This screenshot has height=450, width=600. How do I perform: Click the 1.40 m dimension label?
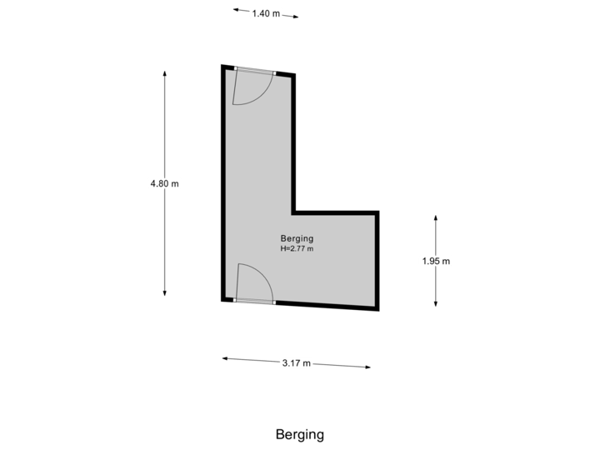(x=266, y=13)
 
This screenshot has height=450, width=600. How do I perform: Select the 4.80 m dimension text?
(x=164, y=183)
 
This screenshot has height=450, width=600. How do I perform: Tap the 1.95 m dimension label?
(x=436, y=261)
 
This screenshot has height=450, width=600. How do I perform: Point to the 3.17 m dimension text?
(x=296, y=362)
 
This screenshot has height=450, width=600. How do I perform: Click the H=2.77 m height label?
(x=297, y=248)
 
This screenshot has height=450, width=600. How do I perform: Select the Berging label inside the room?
(x=297, y=239)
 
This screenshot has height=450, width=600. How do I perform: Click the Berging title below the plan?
(x=300, y=434)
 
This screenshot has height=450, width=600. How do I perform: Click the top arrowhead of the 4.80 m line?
(x=164, y=73)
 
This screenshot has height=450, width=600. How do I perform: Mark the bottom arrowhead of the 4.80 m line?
(x=164, y=293)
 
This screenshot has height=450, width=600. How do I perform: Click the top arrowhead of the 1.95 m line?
(x=436, y=218)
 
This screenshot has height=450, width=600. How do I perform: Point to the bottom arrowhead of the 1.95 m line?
(x=436, y=304)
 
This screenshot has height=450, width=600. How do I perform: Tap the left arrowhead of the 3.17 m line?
(x=225, y=358)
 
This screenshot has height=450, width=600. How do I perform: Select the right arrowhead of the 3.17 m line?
(x=367, y=367)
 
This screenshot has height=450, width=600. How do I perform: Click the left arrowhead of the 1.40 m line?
(x=236, y=10)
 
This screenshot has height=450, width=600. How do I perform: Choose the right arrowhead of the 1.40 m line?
(x=295, y=17)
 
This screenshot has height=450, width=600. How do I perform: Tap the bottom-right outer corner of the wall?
(x=379, y=311)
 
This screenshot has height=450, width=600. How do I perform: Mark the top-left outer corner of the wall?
(x=222, y=66)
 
